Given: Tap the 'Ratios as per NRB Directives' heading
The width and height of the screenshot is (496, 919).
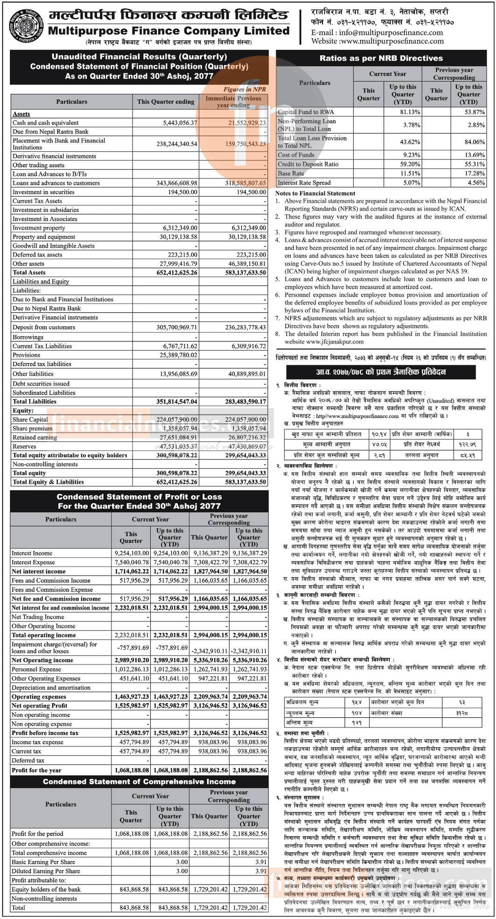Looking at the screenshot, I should (381, 58).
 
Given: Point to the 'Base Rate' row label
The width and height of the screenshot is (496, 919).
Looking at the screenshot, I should (290, 173).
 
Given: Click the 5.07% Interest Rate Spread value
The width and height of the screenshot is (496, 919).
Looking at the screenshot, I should (410, 183).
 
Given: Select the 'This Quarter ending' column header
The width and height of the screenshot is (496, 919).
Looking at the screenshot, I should (165, 101).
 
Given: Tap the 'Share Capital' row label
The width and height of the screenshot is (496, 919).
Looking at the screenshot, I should (30, 419).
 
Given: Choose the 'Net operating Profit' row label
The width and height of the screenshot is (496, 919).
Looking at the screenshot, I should (39, 706).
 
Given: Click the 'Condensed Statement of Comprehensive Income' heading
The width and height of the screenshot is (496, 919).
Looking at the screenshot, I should (139, 781).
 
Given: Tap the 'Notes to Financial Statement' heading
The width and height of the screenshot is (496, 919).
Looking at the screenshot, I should (315, 193).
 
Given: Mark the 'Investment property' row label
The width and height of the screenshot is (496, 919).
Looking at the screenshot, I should (39, 228).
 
